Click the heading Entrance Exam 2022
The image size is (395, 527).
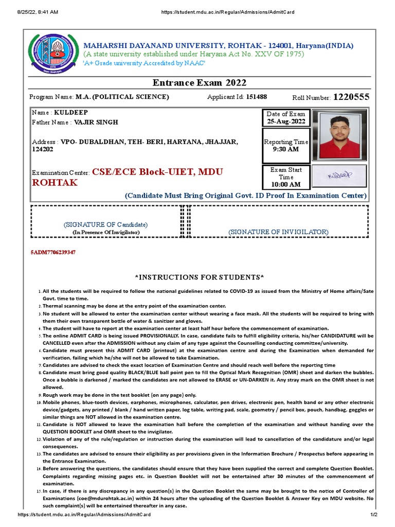coord(200,83)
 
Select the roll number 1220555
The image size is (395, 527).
coord(351,97)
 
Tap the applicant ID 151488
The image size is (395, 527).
coord(257,97)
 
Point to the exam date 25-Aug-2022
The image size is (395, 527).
coord(285,122)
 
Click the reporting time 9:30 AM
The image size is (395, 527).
coord(285,150)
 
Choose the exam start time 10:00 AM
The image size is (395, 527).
coord(285,184)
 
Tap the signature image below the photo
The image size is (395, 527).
coord(339,176)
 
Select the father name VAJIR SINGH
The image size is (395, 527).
coord(96,122)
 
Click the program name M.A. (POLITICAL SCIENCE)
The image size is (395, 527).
coord(122,97)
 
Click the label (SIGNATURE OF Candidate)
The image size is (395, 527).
coord(105,225)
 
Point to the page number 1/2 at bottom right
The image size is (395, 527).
coord(374,515)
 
